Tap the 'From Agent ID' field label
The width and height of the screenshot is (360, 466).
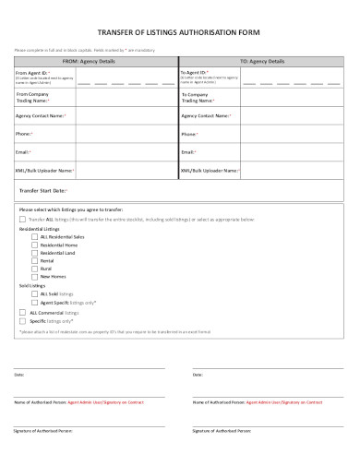pos(33,71)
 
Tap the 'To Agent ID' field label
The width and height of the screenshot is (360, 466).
pos(195,71)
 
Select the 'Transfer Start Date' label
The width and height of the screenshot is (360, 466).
pos(43,190)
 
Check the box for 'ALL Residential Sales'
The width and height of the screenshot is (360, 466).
pos(35,236)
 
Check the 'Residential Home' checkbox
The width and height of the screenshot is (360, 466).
pos(35,245)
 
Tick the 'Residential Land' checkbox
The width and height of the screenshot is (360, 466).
pos(35,253)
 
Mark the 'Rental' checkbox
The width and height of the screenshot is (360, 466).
pos(35,260)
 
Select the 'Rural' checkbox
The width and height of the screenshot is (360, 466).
pos(35,269)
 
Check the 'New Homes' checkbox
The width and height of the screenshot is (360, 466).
pos(35,277)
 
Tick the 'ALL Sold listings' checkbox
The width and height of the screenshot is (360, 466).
pos(35,294)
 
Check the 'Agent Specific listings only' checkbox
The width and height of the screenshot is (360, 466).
pos(35,303)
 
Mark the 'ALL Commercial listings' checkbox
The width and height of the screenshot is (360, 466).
pos(23,312)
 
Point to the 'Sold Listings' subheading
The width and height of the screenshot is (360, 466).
pos(32,286)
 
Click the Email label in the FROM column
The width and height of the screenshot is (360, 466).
pos(23,151)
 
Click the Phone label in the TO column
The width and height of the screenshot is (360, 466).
pos(189,134)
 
